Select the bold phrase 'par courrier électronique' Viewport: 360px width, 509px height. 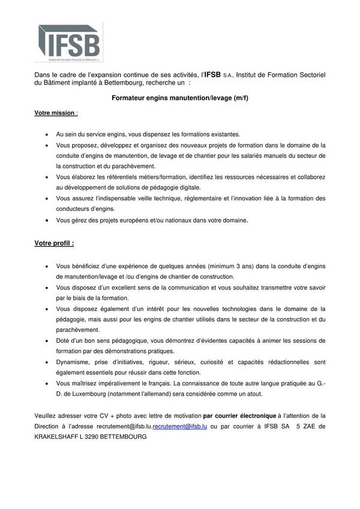(241, 415)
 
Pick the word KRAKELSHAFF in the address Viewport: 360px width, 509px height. (54, 438)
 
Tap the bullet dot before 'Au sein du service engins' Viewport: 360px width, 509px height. (47, 135)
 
